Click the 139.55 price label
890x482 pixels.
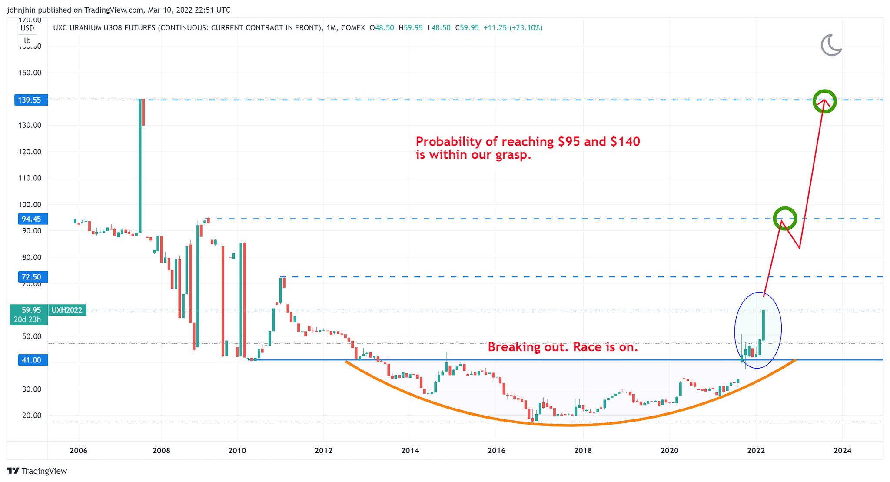point(30,100)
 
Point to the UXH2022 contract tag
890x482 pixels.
point(67,310)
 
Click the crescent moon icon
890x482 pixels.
point(831,45)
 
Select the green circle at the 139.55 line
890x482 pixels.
point(824,101)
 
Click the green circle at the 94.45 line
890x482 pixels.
point(785,218)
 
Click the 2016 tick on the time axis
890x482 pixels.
point(496,451)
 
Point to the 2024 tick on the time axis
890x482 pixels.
point(842,451)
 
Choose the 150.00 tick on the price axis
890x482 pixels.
point(30,73)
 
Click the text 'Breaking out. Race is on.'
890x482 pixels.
point(563,347)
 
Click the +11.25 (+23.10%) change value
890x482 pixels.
point(513,28)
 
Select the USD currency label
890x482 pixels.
point(27,28)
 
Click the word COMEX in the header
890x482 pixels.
point(353,28)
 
